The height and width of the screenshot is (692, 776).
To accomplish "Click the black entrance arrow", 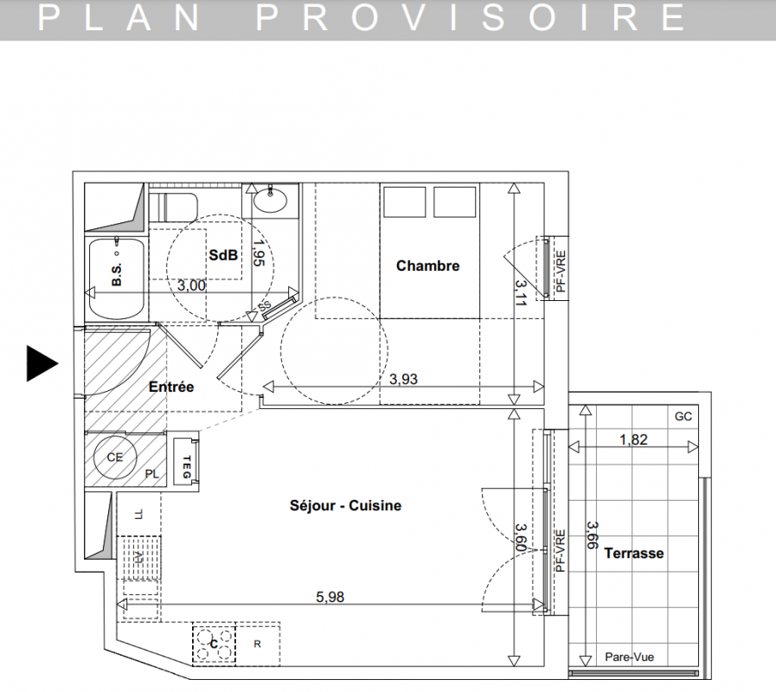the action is [41, 364].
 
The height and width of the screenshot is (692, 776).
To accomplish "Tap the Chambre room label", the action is [427, 266].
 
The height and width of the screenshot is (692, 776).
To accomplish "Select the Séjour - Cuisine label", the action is [345, 505].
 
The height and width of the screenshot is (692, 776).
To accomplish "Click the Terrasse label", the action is [634, 553].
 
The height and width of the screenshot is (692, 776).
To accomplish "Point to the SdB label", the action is [223, 255].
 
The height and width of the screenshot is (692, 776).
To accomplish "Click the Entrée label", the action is [171, 387].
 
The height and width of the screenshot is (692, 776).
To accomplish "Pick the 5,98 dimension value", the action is [330, 597].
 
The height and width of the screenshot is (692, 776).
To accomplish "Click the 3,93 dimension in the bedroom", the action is [403, 379].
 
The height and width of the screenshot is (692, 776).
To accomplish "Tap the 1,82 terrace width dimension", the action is [633, 439].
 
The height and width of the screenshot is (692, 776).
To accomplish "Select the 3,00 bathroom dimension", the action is [191, 285].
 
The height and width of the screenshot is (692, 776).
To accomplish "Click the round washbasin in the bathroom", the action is [270, 200].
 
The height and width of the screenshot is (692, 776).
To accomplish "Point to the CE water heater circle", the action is [115, 457].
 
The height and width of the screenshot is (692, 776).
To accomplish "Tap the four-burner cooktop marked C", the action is [214, 643].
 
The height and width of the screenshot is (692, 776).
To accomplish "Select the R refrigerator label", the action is [257, 644].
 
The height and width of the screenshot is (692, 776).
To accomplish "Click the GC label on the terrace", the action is [683, 417].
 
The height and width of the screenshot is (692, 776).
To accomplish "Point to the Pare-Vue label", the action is [630, 657].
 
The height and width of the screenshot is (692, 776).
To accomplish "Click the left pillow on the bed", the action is [404, 202].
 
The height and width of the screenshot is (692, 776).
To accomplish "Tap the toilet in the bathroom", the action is [173, 208].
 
